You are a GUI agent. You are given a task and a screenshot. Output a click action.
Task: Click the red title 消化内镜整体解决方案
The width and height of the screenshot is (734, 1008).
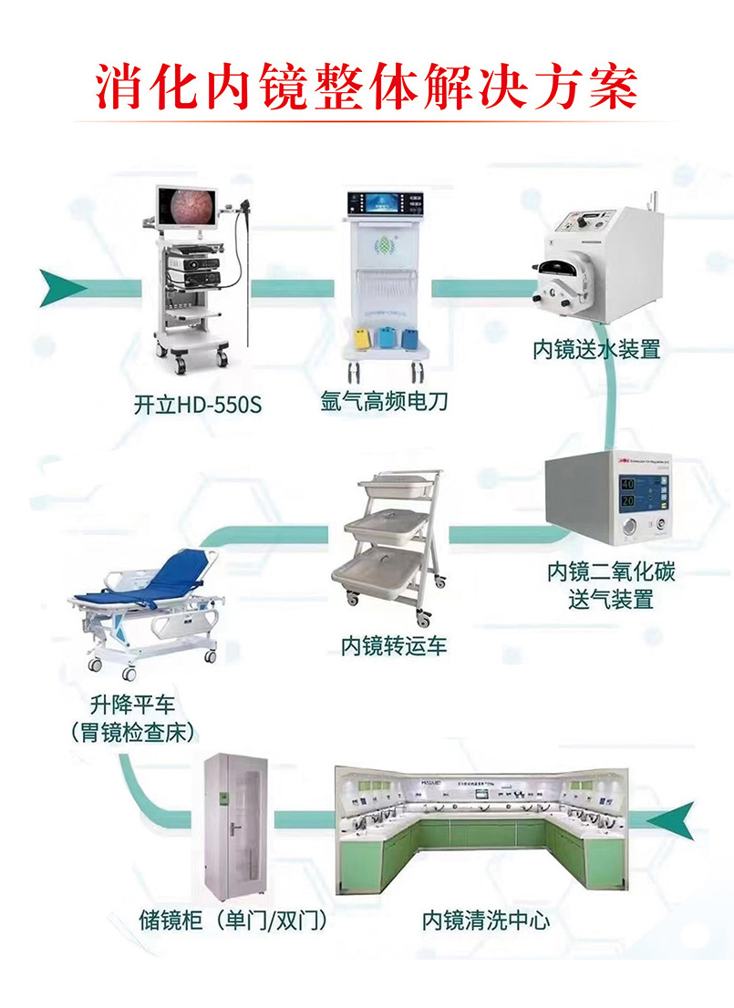367,87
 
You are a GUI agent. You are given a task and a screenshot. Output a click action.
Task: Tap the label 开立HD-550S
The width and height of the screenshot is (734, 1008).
197,404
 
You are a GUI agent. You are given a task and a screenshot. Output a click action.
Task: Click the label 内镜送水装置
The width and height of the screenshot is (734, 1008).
596,349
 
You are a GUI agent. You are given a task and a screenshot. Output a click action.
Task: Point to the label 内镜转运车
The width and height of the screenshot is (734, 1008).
394,646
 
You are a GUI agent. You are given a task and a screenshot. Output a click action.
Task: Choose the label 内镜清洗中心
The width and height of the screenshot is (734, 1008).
485,921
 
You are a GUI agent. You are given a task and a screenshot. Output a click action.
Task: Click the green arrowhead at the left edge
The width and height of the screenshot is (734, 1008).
62,289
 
